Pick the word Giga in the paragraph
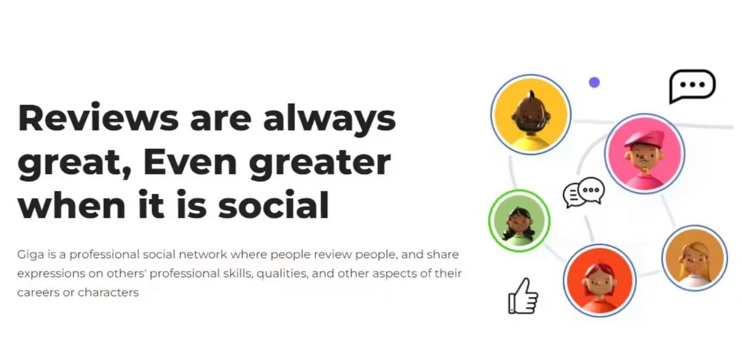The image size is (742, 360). point(28,254)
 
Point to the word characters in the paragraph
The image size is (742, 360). point(108,293)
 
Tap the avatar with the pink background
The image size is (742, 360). point(644,154)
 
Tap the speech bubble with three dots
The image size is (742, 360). point(692,86)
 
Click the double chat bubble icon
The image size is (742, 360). point(583,192)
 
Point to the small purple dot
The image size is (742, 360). point(594,82)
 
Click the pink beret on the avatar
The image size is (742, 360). point(645,137)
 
